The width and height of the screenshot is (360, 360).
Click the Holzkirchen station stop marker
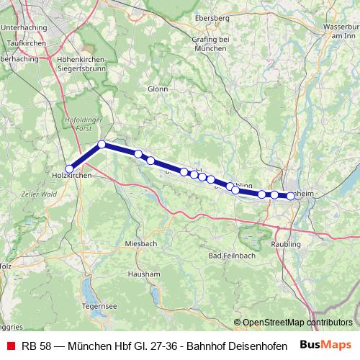tap(70, 168)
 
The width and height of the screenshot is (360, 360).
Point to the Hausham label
tap(144, 274)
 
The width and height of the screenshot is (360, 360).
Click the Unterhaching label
tap(25, 27)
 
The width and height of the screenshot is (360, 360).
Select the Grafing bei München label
tap(209, 43)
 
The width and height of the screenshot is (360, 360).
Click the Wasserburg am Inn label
tap(341, 31)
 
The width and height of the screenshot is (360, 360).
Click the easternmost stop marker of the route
tap(290, 195)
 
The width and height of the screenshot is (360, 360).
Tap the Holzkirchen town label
tap(71, 175)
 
